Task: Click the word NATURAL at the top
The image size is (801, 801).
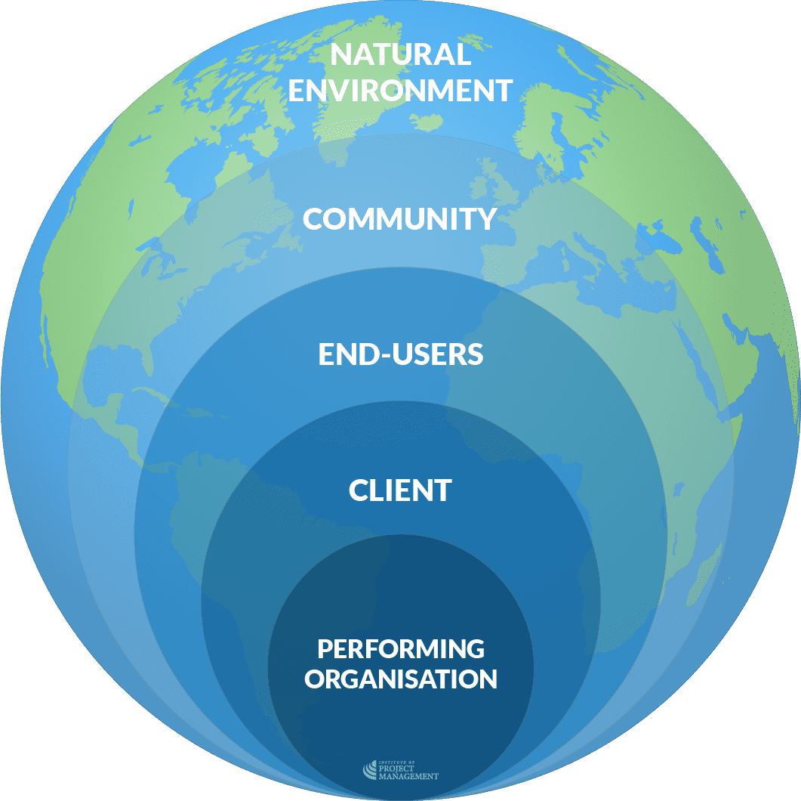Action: (400, 54)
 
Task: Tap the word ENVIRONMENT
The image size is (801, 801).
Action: (400, 90)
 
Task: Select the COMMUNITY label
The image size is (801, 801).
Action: (399, 219)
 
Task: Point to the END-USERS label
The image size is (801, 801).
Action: (400, 354)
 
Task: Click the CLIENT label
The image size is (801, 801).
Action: (400, 490)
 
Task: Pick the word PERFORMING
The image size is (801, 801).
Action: (400, 648)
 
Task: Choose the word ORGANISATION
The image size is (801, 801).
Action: (400, 679)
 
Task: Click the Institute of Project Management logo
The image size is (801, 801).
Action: (400, 770)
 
